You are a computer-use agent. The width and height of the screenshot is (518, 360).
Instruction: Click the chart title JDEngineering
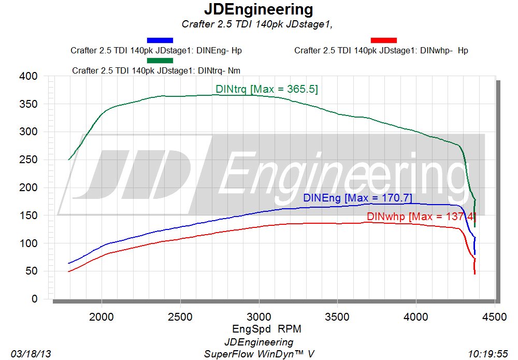258,9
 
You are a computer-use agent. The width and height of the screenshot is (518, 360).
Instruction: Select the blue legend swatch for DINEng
160,40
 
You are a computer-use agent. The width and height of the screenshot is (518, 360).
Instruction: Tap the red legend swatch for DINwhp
384,40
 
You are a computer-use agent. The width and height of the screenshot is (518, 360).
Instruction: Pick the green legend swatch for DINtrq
160,60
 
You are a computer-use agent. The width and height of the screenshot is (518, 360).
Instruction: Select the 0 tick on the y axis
35,299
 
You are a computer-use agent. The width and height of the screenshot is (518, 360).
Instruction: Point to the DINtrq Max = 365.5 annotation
267,90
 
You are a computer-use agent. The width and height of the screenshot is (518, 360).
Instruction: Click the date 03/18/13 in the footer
31,354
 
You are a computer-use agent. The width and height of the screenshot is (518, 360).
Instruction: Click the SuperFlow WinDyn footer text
259,354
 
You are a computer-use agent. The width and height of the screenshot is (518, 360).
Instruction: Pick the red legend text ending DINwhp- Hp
381,51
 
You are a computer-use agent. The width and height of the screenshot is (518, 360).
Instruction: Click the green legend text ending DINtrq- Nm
156,70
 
